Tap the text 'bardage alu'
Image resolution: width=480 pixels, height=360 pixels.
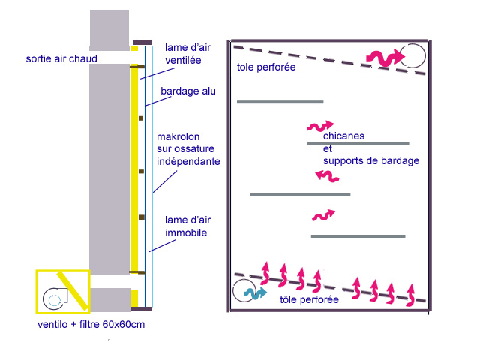[x=188, y=91]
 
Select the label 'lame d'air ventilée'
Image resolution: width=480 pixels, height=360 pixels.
[x=187, y=54]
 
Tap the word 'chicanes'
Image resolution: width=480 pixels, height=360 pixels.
[x=343, y=136]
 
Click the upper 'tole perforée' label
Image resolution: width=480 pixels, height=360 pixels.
[x=265, y=67]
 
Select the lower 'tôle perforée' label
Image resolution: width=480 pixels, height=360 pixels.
[x=309, y=299]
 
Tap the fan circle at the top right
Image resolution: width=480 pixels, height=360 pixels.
[x=412, y=55]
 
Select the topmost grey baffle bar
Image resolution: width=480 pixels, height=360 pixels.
[x=280, y=100]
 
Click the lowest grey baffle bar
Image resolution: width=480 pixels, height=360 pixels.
[x=358, y=236]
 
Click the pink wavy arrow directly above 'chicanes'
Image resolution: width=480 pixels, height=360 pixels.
[x=319, y=126]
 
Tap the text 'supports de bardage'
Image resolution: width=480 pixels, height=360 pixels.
[x=370, y=160]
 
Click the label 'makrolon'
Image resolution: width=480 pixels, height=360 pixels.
[x=178, y=137]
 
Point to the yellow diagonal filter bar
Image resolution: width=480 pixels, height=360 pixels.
[x=73, y=291]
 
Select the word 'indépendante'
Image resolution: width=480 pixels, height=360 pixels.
[x=187, y=160]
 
